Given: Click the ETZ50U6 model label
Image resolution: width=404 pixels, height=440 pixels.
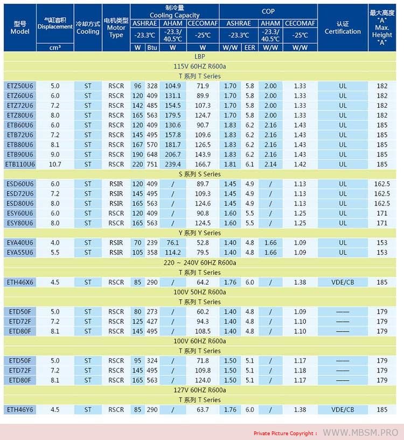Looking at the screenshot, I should point(20,86).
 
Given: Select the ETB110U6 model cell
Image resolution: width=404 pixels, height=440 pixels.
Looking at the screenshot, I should point(20,164).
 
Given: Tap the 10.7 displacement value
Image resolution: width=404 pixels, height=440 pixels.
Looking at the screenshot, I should point(55,164).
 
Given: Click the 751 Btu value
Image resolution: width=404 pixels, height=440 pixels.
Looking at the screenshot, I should point(152,164).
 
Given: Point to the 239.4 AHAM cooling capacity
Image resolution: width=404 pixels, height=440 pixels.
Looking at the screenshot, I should point(172,164).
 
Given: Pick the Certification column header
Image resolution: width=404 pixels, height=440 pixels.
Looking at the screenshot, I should point(343,27).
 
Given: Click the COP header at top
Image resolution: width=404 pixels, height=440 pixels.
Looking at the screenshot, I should point(268,11).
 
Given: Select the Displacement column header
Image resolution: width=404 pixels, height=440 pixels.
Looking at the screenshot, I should point(55,23).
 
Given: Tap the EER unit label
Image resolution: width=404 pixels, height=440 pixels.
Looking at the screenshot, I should point(249,47).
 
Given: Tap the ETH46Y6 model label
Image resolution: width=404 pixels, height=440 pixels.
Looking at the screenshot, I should point(20,410).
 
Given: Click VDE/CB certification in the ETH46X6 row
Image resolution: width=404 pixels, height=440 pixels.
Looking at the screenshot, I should point(343,282).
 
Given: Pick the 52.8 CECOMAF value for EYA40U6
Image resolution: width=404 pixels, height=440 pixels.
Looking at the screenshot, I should point(203,243).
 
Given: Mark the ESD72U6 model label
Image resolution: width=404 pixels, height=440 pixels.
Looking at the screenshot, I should point(20,194).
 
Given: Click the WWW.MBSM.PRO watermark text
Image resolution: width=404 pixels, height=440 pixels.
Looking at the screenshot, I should point(360,432).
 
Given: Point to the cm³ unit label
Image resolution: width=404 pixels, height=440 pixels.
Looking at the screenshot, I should point(55,47).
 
